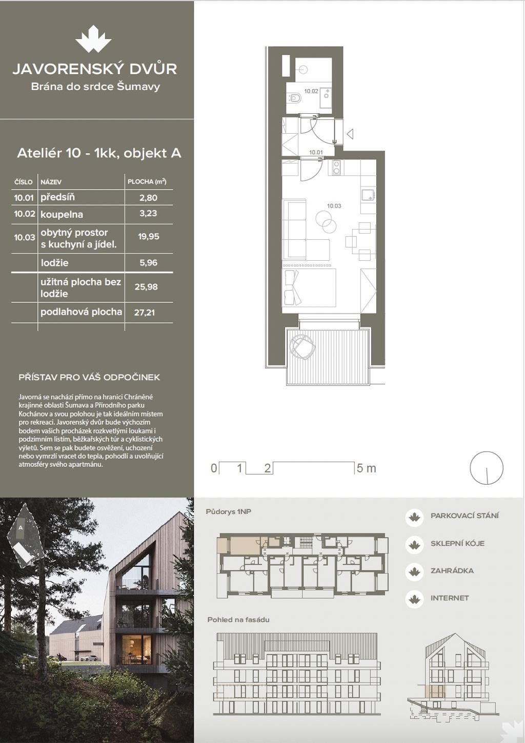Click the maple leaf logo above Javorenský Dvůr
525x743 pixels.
(x=93, y=41)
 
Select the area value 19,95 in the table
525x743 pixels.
(x=148, y=236)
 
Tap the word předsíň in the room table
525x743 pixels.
(x=57, y=197)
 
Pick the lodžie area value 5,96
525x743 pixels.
(x=148, y=263)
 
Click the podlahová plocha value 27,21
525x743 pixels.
(x=145, y=312)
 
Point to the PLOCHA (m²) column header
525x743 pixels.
(x=147, y=181)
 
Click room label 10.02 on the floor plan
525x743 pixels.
(x=311, y=91)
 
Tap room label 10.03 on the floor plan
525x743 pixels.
(x=334, y=205)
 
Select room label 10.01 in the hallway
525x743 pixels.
(x=316, y=152)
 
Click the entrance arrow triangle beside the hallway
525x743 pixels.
(x=350, y=134)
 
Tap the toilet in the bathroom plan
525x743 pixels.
(x=294, y=98)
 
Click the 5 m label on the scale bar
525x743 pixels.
(x=367, y=468)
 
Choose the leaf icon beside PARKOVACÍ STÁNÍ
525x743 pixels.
(x=414, y=517)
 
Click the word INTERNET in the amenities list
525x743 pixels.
(x=450, y=598)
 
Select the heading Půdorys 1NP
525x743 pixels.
(x=228, y=512)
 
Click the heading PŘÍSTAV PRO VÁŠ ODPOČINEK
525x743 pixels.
(x=89, y=377)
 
